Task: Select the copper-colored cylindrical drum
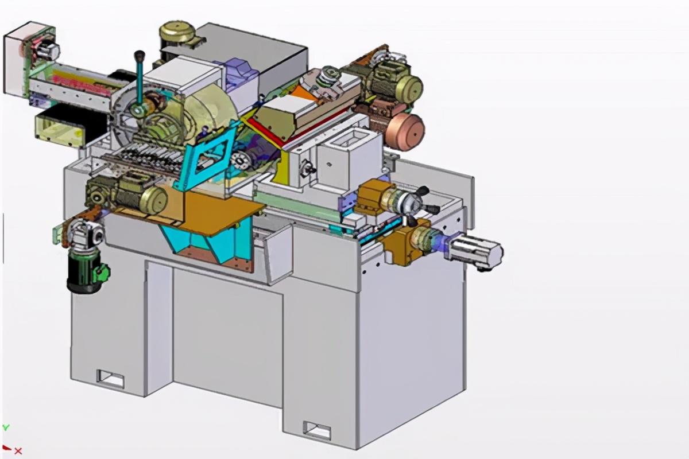click(x=406, y=131)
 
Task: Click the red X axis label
click(x=18, y=451)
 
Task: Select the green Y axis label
click(x=6, y=427)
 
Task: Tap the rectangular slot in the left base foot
click(x=110, y=378)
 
